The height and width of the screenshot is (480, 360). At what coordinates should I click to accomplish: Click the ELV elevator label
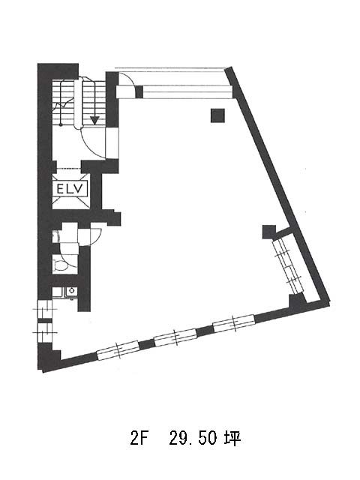tap(70, 188)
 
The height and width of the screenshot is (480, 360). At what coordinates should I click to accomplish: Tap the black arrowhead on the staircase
tap(94, 120)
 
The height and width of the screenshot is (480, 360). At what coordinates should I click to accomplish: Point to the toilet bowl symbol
tap(60, 265)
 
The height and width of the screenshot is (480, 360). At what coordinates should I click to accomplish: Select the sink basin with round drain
tap(72, 291)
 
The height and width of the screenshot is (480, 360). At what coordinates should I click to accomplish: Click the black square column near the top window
tap(217, 115)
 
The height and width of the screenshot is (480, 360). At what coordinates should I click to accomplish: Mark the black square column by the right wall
tap(268, 232)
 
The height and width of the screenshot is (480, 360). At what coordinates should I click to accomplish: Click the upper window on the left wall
tap(45, 309)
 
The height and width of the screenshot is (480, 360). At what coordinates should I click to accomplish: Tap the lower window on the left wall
tap(45, 332)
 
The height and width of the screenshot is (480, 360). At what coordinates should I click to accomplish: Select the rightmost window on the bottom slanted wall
tap(234, 323)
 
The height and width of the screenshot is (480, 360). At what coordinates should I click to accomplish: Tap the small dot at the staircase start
tap(61, 124)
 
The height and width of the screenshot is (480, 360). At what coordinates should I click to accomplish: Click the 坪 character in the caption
tap(232, 439)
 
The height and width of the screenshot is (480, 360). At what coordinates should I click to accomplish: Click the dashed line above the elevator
tap(69, 168)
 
